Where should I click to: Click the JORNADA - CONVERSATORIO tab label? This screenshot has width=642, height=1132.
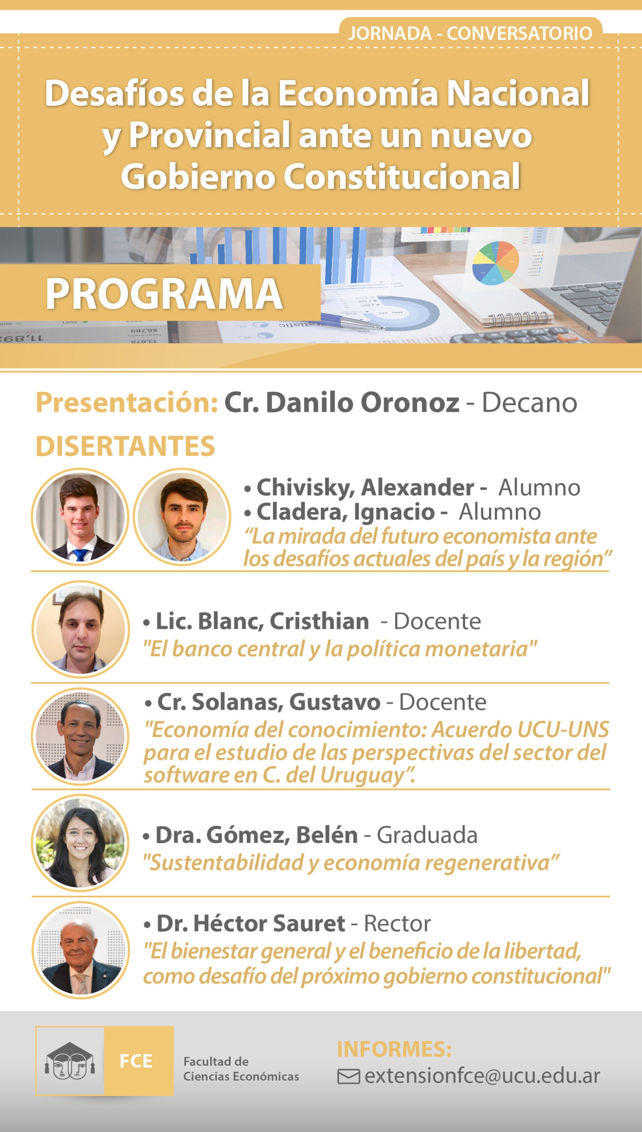click(x=470, y=34)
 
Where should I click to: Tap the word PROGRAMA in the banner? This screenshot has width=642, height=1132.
click(x=164, y=294)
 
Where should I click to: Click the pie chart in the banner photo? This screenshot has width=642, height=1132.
click(x=496, y=263)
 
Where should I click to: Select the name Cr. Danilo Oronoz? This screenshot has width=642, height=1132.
click(x=342, y=403)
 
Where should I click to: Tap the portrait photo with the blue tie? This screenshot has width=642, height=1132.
click(x=80, y=517)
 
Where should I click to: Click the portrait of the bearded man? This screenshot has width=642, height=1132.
click(x=182, y=517)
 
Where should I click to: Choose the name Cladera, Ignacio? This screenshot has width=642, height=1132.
click(x=346, y=512)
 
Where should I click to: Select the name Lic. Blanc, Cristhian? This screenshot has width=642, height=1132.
click(x=262, y=621)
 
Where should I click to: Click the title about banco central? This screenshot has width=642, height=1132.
click(x=340, y=649)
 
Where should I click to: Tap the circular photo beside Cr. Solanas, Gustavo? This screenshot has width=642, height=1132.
click(x=80, y=736)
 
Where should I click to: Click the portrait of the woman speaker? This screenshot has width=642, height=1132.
click(x=80, y=843)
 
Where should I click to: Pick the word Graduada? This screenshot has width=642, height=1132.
click(x=427, y=835)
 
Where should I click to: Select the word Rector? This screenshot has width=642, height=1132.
click(x=397, y=924)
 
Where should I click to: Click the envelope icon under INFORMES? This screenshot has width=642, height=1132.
click(x=349, y=1076)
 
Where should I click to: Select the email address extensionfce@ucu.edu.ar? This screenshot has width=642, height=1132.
click(x=482, y=1076)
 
